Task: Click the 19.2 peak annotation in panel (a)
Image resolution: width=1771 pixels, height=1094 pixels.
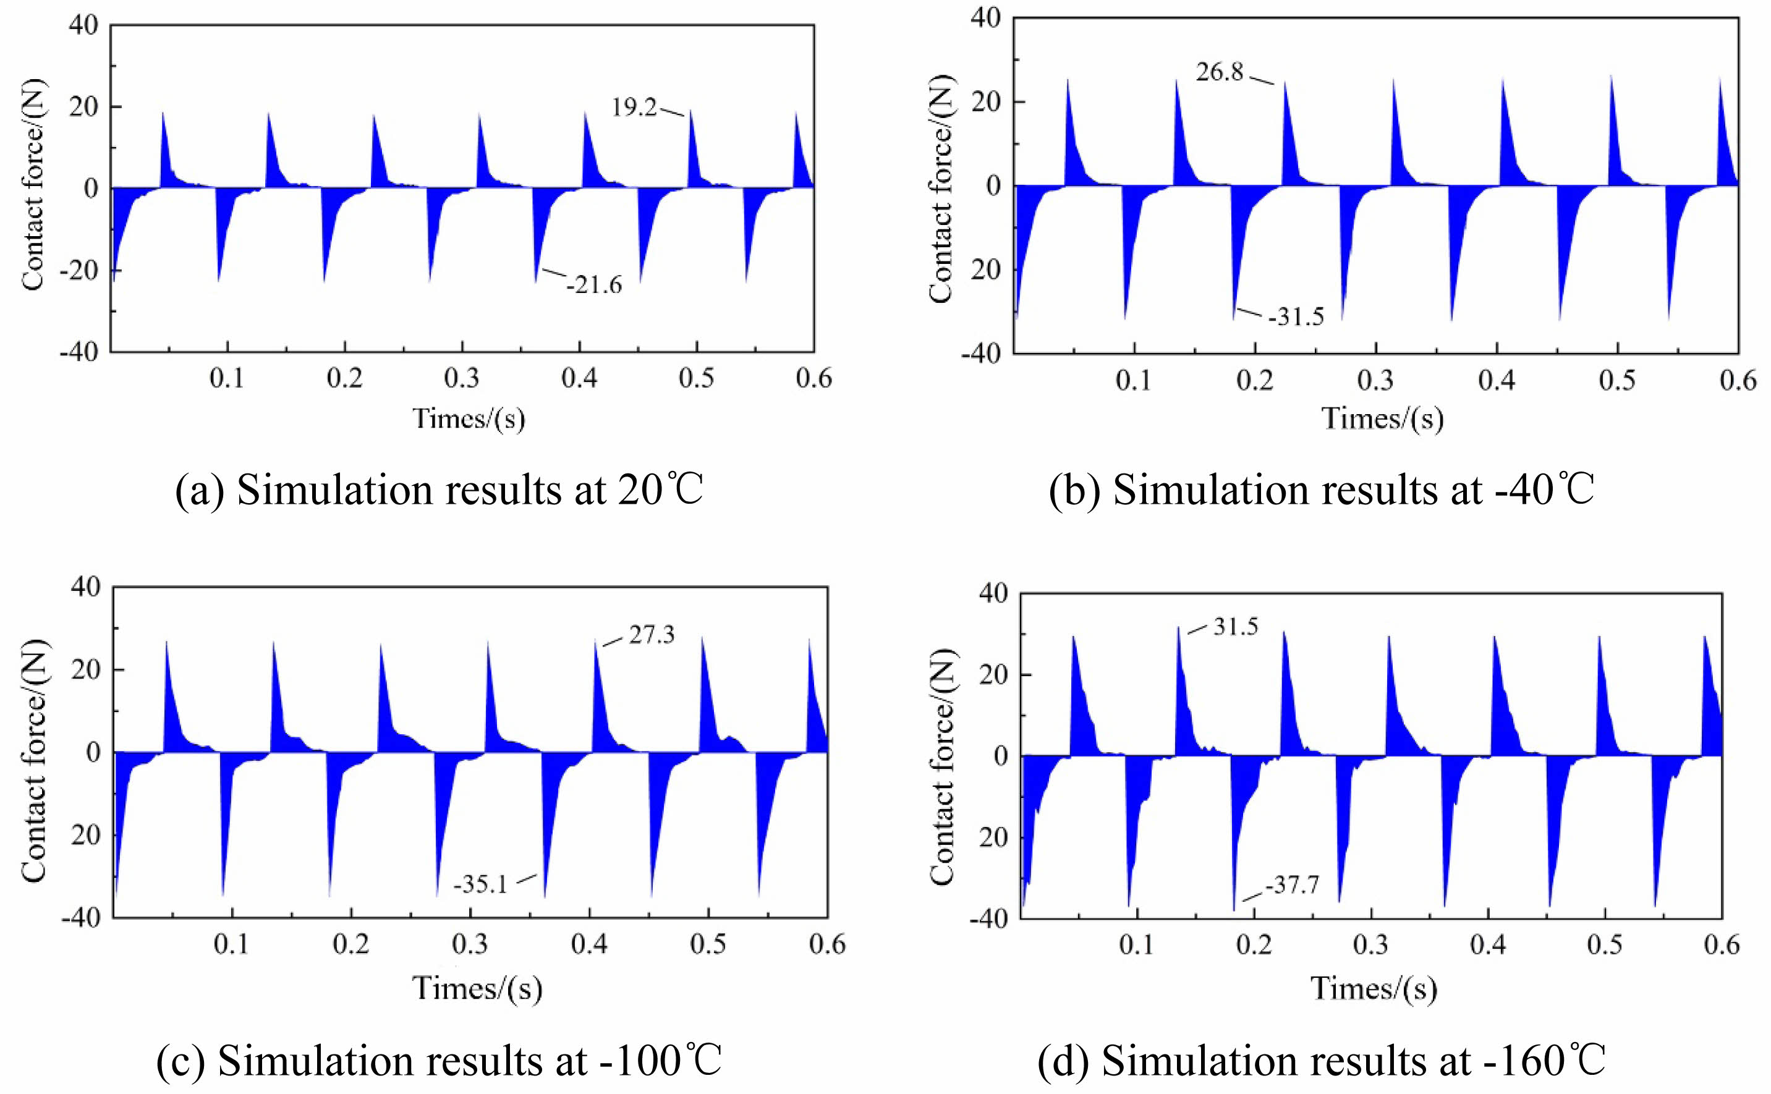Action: (634, 108)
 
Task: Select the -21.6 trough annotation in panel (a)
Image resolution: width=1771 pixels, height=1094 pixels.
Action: (594, 285)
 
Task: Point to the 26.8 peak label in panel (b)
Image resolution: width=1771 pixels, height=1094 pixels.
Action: (1219, 72)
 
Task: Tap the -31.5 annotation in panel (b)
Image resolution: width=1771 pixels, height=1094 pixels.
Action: (1296, 317)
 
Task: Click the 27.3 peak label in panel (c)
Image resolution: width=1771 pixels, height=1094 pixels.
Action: (651, 635)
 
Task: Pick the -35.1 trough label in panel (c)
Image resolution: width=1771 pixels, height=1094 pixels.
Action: (480, 884)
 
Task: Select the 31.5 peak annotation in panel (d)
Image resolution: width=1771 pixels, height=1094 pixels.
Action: (1236, 627)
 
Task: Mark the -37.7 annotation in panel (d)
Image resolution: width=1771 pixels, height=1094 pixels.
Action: (1292, 884)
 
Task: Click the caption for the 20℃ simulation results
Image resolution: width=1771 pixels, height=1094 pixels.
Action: (439, 490)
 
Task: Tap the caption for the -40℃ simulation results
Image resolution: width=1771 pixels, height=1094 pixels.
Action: (1321, 490)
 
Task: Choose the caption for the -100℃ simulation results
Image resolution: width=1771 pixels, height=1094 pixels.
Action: (439, 1061)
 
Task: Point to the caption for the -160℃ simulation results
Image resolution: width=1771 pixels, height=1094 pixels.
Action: (1321, 1061)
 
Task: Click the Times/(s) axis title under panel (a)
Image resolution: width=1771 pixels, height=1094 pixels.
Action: (469, 418)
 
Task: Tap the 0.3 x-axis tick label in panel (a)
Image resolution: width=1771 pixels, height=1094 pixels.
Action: (462, 378)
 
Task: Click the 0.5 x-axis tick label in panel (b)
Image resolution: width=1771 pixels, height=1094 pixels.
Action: (1617, 380)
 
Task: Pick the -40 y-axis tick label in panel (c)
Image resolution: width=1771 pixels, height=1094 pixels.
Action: (81, 917)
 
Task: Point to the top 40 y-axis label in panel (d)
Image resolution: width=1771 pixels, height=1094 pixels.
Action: (993, 593)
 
